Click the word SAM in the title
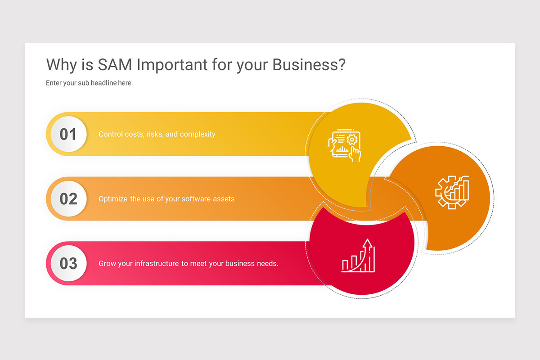point(115,65)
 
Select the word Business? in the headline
point(309,65)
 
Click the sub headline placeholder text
point(89,83)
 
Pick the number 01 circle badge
point(68,134)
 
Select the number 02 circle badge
point(68,198)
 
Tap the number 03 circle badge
point(68,263)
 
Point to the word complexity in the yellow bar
point(197,134)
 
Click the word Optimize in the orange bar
point(113,198)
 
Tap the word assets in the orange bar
point(224,198)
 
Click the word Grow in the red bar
point(107,263)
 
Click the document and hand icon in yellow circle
point(344,145)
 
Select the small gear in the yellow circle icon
point(352,139)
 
